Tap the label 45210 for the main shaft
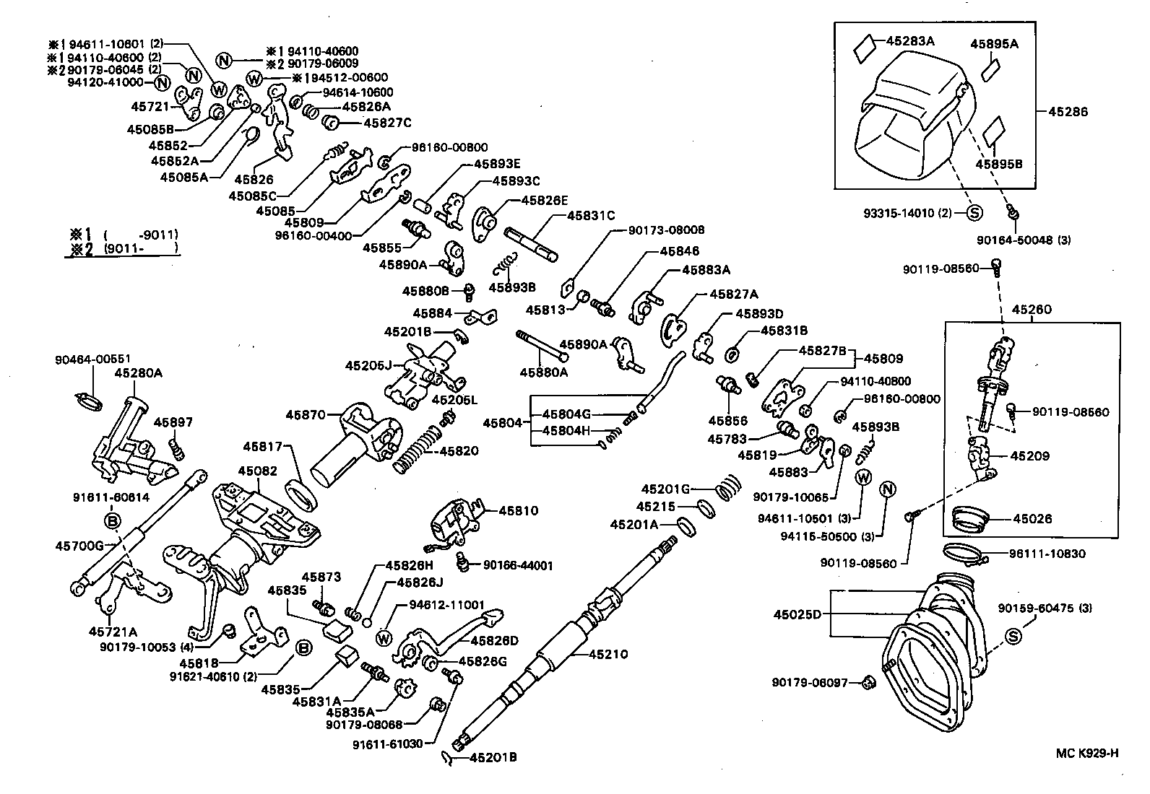click(608, 655)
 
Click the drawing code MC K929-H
click(1086, 754)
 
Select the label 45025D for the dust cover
click(797, 615)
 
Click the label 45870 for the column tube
click(305, 414)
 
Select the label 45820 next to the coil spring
click(459, 451)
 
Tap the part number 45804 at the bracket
click(503, 422)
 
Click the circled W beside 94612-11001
click(384, 638)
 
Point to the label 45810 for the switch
click(518, 511)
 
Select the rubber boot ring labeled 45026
click(971, 519)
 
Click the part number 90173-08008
click(666, 230)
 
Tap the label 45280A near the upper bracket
click(139, 373)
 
